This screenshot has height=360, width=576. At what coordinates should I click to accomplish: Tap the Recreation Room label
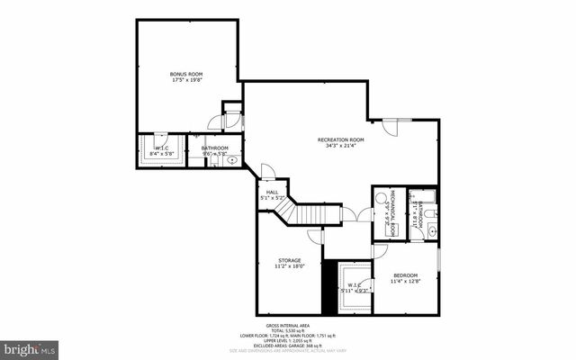click(x=340, y=139)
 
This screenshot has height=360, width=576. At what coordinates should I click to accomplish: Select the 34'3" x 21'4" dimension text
click(x=340, y=146)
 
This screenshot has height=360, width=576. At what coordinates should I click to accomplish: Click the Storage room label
click(x=289, y=260)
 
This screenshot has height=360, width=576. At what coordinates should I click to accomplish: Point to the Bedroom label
click(x=404, y=275)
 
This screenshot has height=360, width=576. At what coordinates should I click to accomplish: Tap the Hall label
click(x=271, y=192)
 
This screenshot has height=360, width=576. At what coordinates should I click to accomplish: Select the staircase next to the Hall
click(x=311, y=214)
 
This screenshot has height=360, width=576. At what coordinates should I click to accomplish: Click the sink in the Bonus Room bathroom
click(x=233, y=160)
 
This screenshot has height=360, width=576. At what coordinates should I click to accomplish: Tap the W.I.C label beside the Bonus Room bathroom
click(x=163, y=148)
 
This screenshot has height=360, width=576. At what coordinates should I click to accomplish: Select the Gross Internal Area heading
click(x=287, y=326)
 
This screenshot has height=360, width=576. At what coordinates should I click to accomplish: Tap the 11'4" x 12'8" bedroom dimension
click(x=404, y=282)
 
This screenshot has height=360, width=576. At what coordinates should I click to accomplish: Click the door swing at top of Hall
click(x=267, y=171)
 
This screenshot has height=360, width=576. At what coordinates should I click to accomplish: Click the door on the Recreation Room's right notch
click(x=392, y=127)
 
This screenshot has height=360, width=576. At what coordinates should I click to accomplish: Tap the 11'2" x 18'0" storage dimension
click(x=289, y=266)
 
